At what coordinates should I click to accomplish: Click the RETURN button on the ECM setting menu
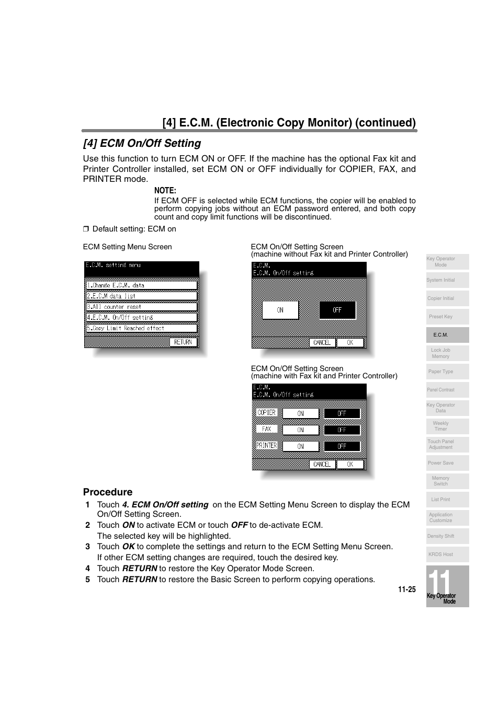point(183,342)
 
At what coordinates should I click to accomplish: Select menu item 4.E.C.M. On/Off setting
point(142,317)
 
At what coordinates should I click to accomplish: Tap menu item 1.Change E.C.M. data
point(142,285)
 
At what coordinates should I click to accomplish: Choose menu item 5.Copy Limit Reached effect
point(142,328)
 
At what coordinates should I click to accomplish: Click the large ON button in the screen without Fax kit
point(280,310)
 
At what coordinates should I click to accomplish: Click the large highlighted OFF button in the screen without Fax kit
point(337,310)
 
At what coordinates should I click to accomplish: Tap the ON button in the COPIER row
point(301,413)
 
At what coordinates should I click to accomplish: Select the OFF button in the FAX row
point(342,430)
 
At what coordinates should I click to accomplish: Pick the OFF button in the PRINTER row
point(342,446)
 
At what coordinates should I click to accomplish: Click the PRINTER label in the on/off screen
point(267,446)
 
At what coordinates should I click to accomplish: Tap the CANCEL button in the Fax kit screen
point(322,464)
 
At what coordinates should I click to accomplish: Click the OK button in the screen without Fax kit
point(350,343)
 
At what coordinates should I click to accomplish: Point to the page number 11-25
point(406,589)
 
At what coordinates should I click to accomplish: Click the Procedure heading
point(108,492)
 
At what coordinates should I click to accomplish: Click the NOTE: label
point(165,191)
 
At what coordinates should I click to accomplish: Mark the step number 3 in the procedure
point(88,547)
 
